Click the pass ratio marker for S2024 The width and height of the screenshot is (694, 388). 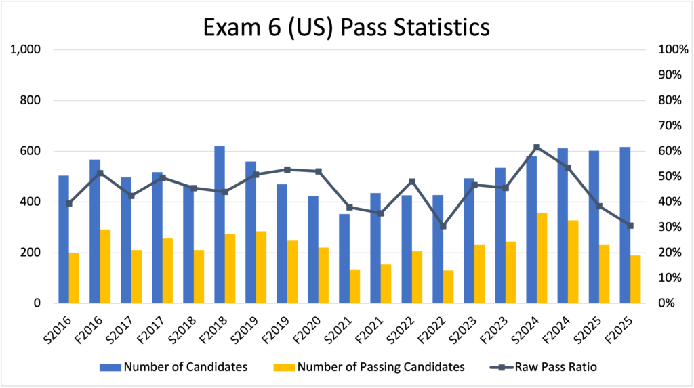click(536, 147)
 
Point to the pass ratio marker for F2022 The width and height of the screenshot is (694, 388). click(443, 225)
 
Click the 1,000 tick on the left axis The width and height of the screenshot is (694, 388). click(26, 50)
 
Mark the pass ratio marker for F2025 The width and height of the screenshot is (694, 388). click(630, 225)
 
